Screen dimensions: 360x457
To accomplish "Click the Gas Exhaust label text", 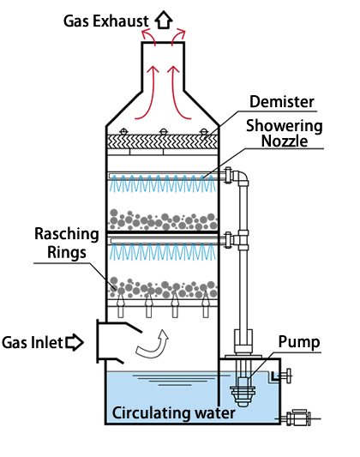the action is pos(105,21).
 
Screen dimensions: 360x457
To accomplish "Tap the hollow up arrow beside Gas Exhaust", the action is pos(164,19).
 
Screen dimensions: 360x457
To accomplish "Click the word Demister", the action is pos(282,102).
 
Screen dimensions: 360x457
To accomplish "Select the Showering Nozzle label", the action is pos(285,134).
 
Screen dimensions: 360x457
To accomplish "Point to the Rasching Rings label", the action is pos(67,243).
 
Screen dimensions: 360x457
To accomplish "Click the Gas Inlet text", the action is pos(32,342).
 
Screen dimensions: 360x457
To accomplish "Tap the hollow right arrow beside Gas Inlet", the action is pos(75,342).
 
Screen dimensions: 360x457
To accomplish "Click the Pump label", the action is pos(299,342).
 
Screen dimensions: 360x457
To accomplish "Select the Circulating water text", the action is pos(174,413).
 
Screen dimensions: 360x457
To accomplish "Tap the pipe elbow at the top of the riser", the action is pos(241,177).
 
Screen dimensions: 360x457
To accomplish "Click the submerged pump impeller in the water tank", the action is pos(243,392).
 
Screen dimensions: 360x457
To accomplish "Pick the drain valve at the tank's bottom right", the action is pos(297,418).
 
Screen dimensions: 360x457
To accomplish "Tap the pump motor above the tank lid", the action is pos(243,341).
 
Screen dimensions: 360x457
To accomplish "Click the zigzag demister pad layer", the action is pos(163,141).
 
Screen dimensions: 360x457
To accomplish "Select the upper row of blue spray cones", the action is pos(163,183).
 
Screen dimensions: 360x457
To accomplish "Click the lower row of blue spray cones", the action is pos(163,252).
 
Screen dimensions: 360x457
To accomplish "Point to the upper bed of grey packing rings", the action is pos(163,220).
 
